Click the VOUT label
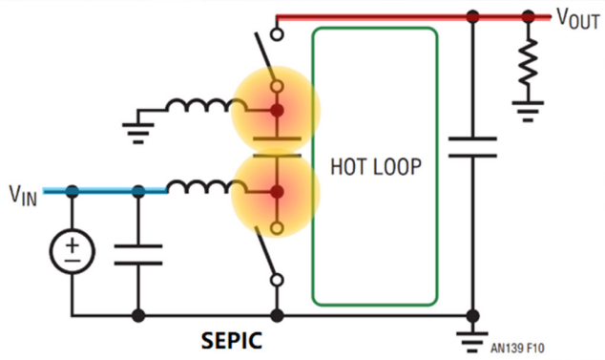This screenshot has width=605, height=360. [x=578, y=18]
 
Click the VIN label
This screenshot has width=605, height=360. [x=23, y=195]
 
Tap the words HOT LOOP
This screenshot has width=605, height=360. [x=376, y=167]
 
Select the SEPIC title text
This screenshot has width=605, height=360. [x=232, y=341]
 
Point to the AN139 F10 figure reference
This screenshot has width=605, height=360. [x=517, y=348]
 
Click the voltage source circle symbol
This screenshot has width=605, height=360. [x=72, y=251]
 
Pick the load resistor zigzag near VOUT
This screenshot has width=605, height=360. [x=529, y=61]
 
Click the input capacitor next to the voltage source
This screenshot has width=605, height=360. [x=138, y=255]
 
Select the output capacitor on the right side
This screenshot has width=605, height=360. [x=472, y=147]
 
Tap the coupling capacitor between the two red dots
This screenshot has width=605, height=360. [x=277, y=147]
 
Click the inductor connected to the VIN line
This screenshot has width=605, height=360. [x=206, y=186]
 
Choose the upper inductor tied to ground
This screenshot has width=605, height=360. [x=206, y=105]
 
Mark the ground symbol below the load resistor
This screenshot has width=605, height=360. [x=528, y=112]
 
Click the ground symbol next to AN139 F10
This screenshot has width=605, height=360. [x=472, y=342]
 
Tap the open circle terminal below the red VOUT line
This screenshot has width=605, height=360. [x=277, y=34]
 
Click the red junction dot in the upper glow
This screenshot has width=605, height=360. [x=277, y=111]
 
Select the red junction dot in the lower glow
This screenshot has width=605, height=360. [x=277, y=192]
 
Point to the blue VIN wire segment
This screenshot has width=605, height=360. [x=105, y=191]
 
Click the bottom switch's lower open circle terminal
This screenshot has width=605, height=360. [x=277, y=280]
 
